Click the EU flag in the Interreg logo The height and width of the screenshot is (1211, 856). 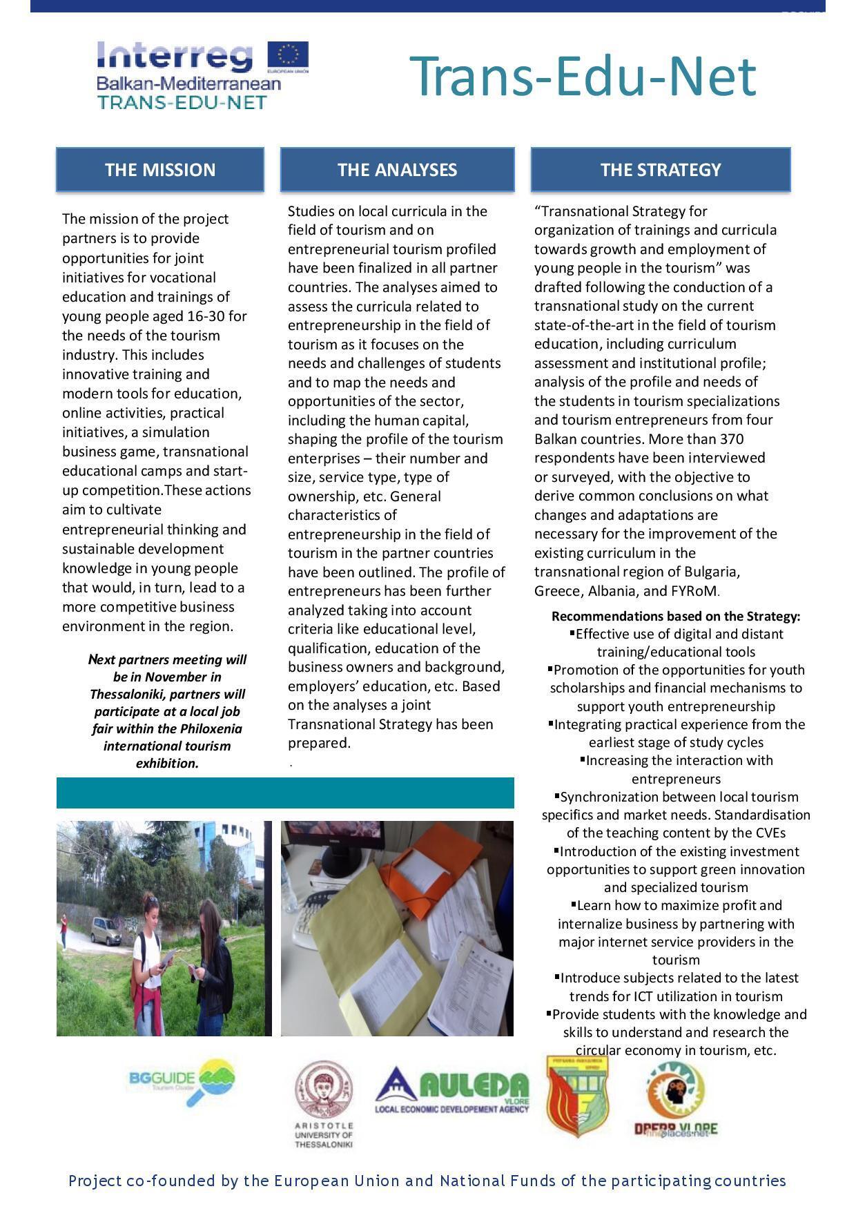[288, 55]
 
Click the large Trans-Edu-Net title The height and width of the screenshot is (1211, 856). [583, 77]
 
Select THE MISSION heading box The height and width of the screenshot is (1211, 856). [160, 170]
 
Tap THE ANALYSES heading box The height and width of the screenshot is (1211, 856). [397, 170]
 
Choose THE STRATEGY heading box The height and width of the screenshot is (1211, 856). [661, 170]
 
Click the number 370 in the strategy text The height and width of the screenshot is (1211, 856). [731, 439]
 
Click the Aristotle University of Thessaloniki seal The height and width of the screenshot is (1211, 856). [323, 1091]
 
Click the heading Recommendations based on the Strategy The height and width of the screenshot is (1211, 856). [676, 616]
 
